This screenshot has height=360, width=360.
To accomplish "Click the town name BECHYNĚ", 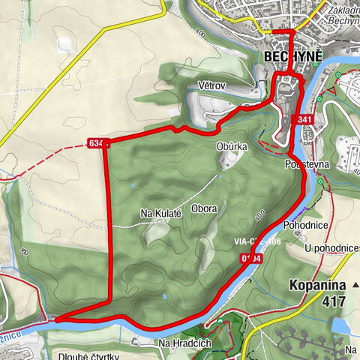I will point(292,58).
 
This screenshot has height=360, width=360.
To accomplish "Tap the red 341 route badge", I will point(304,120).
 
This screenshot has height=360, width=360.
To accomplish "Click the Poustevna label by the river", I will point(305,163).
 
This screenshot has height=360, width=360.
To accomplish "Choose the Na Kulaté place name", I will point(161,214).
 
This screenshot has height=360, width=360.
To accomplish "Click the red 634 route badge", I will point(98,142).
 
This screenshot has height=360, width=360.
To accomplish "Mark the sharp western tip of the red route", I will point(55,319).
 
